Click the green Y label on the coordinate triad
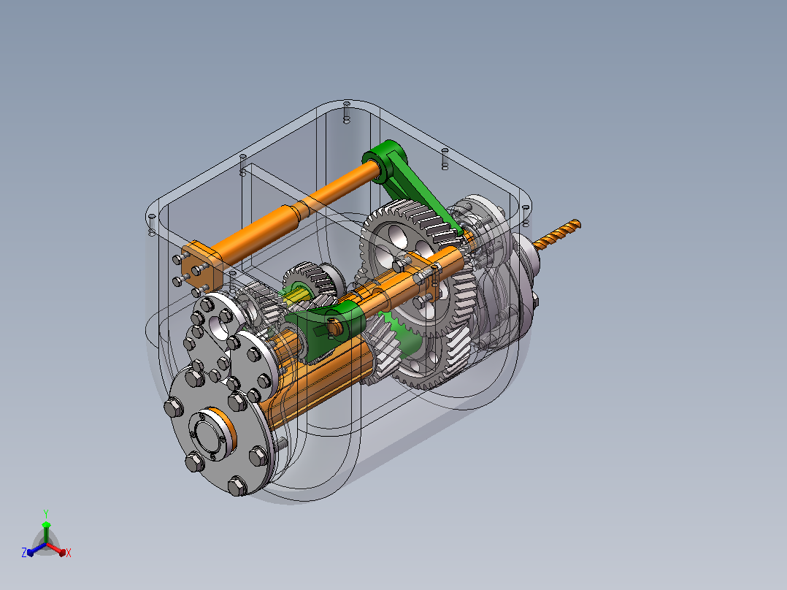coord(46,513)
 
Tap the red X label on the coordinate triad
coord(69,553)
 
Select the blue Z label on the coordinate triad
coord(24,552)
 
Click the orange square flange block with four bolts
coord(201,266)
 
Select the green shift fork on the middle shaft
coord(326,329)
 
